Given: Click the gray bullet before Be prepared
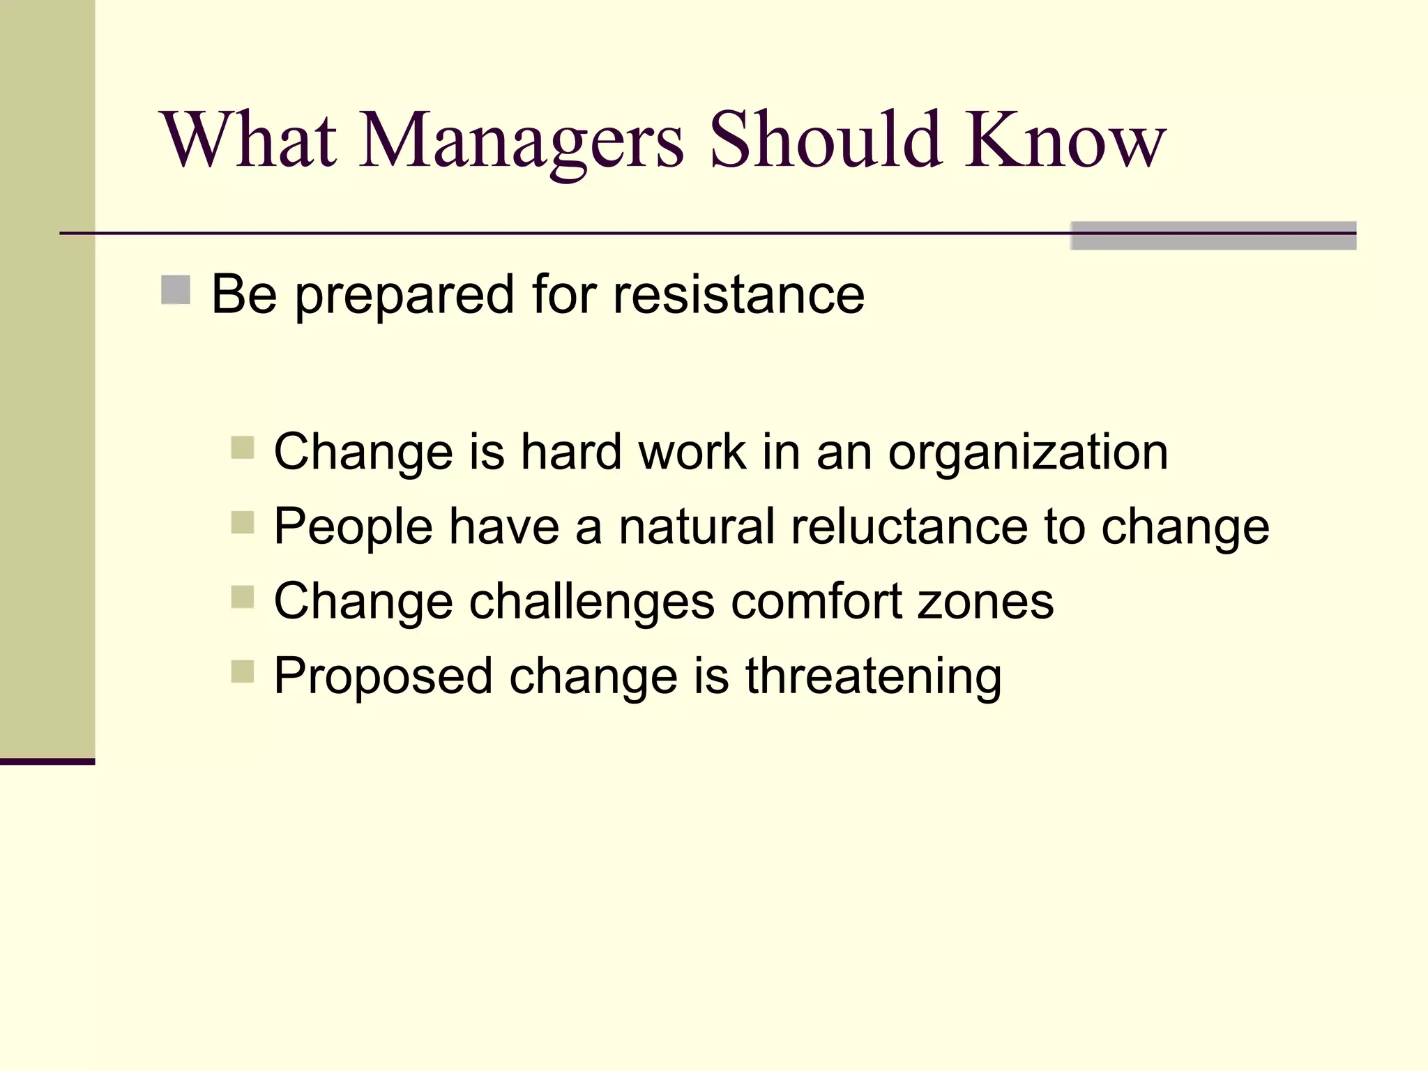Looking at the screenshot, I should (176, 290).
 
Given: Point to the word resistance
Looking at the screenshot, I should (738, 296).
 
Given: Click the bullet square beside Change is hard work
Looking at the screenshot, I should (243, 447).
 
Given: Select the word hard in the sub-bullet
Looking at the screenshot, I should (571, 453).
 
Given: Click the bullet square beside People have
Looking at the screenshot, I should (243, 522).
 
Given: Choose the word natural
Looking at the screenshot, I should (697, 527).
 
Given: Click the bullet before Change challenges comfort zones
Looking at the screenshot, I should (243, 597).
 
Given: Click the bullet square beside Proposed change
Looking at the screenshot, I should (243, 671).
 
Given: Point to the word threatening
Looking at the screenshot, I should (873, 677).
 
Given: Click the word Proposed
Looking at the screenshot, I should (383, 677).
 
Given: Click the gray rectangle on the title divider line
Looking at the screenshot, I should (1213, 236).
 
